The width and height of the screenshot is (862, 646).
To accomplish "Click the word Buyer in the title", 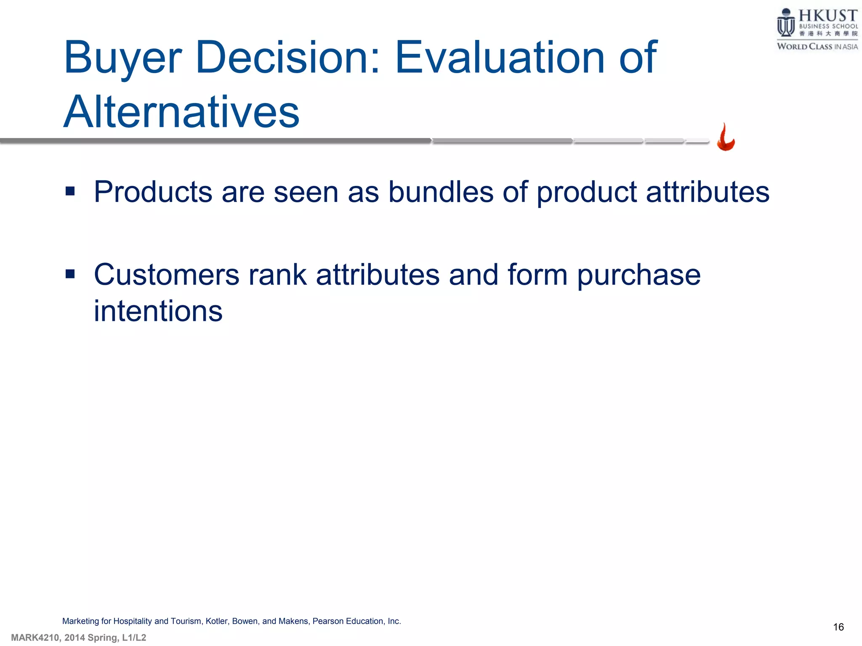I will point(123,58).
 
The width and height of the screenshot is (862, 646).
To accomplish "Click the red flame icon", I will point(726,138).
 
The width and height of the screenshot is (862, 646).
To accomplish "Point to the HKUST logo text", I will point(827,16).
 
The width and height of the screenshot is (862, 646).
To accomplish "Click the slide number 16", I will point(838,627).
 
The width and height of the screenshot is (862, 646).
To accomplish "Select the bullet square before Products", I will point(70,192).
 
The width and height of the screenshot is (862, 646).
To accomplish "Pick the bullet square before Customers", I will point(70,275).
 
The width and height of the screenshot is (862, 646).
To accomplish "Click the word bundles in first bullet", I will point(440,192).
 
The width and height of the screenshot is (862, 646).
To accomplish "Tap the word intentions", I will point(158,311).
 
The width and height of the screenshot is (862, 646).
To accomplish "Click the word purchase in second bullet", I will point(639,275).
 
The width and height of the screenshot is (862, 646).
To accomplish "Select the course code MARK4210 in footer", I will point(35,638).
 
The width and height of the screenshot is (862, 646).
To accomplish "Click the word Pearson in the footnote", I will point(328,621).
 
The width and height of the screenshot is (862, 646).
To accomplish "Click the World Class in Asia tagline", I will point(817,47).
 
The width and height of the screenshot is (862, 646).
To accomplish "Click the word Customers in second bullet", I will point(167,275).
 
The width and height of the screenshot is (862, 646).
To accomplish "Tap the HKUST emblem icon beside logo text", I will point(785,23).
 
